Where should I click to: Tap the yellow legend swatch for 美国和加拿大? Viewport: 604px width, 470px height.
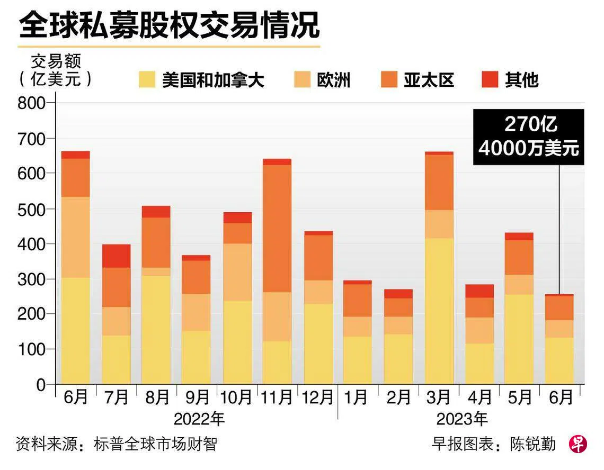[147, 80]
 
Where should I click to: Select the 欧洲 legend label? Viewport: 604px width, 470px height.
[334, 80]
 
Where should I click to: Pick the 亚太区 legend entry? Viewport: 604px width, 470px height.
[429, 80]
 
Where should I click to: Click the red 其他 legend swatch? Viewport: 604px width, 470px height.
[490, 80]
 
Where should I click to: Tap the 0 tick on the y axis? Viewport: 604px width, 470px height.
[41, 385]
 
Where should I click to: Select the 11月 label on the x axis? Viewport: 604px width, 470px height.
[277, 397]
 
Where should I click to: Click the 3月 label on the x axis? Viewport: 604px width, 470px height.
[439, 397]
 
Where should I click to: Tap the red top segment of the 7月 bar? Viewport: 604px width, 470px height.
[116, 256]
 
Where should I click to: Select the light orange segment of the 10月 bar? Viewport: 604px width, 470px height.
[237, 272]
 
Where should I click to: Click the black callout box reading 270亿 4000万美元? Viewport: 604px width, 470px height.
[528, 137]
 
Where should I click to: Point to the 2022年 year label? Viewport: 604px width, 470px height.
[199, 420]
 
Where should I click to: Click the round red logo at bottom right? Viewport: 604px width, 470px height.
[578, 444]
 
